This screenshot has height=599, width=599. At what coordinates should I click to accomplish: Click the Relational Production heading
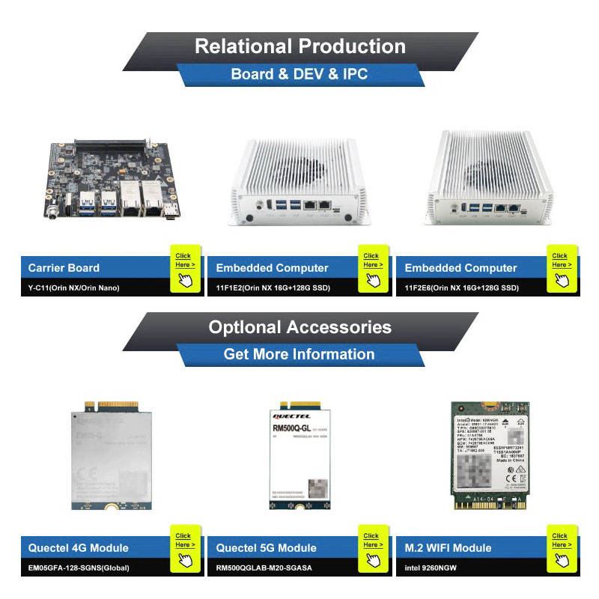coord(299,46)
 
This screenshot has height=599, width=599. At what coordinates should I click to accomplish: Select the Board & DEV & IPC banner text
coord(299,74)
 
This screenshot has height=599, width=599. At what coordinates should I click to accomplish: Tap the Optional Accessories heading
coord(299,327)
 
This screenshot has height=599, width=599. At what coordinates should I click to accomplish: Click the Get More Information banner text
coord(299,354)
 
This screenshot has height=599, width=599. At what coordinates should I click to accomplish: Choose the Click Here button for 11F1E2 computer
coord(372,268)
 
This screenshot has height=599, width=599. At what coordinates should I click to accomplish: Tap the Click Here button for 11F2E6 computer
coord(561,268)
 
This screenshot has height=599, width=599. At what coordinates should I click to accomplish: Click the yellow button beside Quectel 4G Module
coord(184,548)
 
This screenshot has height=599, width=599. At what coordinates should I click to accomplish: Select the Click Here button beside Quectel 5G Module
coord(372,548)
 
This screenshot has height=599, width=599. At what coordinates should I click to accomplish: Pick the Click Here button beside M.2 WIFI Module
coord(561,548)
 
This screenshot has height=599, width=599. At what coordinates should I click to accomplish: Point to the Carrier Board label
coord(64,268)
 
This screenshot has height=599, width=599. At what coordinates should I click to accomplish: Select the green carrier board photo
coord(112,182)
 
